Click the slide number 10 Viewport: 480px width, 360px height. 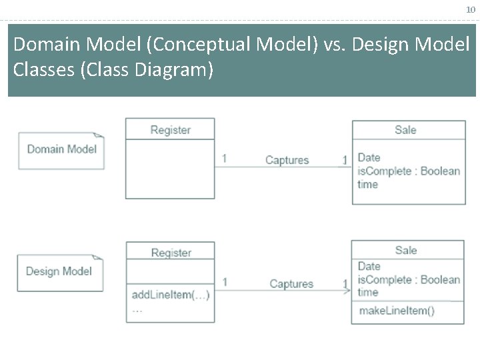coord(470,9)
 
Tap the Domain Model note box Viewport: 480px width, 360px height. coord(61,149)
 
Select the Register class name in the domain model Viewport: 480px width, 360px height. coord(171,130)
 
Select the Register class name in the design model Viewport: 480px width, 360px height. coord(171,253)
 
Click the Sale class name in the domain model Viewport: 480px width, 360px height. coord(405,130)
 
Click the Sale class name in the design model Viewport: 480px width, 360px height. coord(405,251)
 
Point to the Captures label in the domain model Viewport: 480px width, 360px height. coord(287,160)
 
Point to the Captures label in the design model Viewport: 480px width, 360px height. coord(291,284)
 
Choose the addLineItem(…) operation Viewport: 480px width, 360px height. coord(171,295)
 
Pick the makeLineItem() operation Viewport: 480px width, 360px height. coord(396,311)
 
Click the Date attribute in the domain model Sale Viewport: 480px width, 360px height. coord(369,157)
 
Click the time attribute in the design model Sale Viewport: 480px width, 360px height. coord(367,293)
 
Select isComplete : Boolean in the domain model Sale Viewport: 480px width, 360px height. coord(408,171)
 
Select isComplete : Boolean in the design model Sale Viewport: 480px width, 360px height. coord(408,280)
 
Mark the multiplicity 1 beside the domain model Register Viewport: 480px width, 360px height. coord(224,159)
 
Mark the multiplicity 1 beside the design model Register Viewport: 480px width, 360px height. coord(225,282)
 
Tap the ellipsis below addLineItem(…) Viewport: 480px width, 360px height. coord(137,310)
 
